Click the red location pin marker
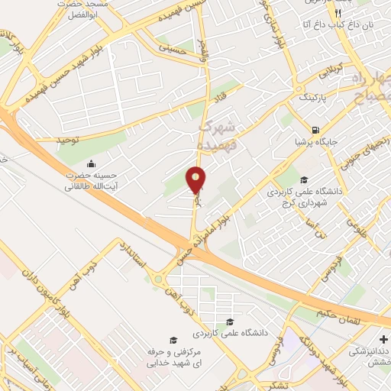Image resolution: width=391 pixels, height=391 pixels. pos(196,181)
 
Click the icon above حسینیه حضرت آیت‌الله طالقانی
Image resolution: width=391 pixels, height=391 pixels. pos(92,163)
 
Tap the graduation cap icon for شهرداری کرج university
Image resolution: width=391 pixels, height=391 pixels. pos(303,180)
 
